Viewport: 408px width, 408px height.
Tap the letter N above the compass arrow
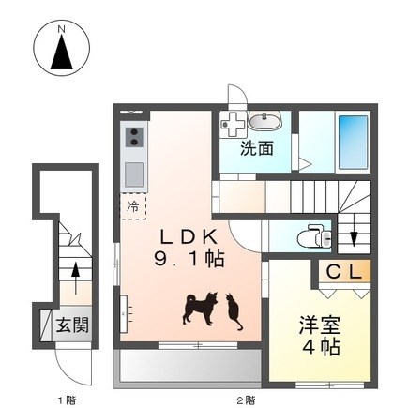pyautogui.click(x=62, y=30)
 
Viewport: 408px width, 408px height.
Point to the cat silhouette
pyautogui.click(x=234, y=311)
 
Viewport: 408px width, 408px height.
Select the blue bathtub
pyautogui.click(x=354, y=142)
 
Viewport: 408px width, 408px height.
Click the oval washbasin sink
pyautogui.click(x=264, y=121)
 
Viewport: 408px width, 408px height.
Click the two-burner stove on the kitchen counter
pyautogui.click(x=134, y=137)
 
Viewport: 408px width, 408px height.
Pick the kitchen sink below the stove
pyautogui.click(x=134, y=174)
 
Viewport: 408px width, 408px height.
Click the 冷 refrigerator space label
pyautogui.click(x=133, y=206)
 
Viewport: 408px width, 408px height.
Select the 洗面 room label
pyautogui.click(x=257, y=148)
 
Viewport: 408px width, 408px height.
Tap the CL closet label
pyautogui.click(x=344, y=272)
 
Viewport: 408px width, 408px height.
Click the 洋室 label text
pyautogui.click(x=320, y=325)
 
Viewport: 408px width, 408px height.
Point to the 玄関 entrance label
pyautogui.click(x=72, y=325)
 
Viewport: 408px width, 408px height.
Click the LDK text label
pyautogui.click(x=189, y=237)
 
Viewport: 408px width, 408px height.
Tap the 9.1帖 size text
pyautogui.click(x=189, y=259)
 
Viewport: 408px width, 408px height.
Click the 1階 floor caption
pyautogui.click(x=68, y=400)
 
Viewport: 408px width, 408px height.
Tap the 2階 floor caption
pyautogui.click(x=245, y=400)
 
